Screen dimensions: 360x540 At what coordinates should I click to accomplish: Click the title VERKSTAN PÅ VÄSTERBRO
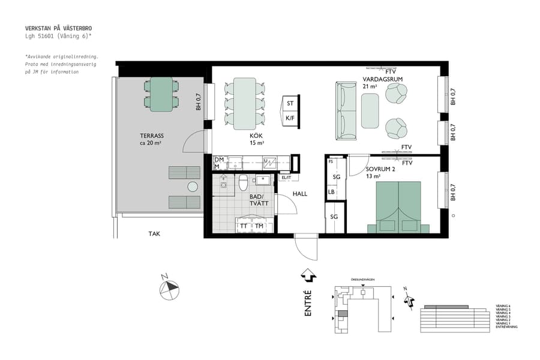tap(59, 28)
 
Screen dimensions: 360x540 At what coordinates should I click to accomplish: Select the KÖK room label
tap(257, 136)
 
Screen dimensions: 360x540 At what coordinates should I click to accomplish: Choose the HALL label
tap(299, 194)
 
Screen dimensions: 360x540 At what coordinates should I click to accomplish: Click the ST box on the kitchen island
tap(290, 104)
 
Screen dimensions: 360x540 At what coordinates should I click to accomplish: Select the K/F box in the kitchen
tap(290, 118)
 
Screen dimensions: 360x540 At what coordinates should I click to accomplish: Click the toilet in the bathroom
tap(243, 181)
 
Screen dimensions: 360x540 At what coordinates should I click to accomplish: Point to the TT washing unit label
tap(244, 226)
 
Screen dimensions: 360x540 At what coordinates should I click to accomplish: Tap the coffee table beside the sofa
tap(370, 111)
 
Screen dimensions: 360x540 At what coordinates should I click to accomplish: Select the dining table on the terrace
tap(161, 94)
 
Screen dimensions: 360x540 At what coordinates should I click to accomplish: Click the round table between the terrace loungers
tap(193, 187)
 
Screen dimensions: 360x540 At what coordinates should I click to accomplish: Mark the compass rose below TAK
tap(169, 289)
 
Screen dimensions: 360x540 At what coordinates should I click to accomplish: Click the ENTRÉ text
tap(308, 303)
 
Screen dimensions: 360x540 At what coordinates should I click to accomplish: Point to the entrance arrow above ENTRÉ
tap(308, 275)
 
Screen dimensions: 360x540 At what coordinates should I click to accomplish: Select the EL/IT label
tap(286, 178)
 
